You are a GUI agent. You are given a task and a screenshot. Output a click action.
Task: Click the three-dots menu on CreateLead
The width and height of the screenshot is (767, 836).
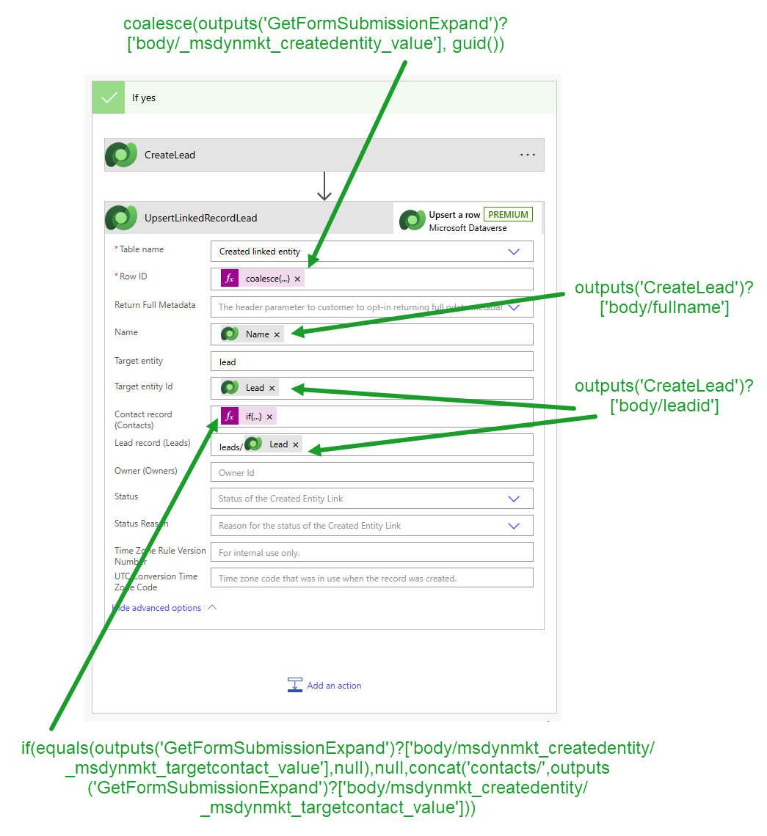[527, 155]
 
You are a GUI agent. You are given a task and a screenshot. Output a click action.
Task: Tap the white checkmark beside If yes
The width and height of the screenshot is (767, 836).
[109, 98]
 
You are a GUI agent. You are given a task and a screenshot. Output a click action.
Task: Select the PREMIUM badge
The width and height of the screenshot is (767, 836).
[508, 215]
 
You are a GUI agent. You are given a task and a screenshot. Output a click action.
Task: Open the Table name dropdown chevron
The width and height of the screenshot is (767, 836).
[514, 252]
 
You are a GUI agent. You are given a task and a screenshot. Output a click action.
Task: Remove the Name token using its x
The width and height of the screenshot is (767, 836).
[277, 334]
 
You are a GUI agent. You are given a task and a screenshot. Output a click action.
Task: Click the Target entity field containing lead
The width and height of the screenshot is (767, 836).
[371, 362]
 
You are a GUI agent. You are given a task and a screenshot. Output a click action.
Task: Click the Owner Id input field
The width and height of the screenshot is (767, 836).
[371, 472]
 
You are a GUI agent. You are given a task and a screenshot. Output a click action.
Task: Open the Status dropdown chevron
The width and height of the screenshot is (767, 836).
[514, 499]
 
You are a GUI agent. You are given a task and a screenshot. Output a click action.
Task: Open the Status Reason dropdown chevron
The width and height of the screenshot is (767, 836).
[514, 526]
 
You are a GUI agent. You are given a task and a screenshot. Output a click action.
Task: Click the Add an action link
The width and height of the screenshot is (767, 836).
[334, 686]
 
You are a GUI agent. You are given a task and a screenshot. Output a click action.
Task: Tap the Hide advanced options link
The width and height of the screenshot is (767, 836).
[157, 608]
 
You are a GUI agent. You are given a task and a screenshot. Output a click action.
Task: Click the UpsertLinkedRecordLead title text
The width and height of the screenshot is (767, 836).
[200, 218]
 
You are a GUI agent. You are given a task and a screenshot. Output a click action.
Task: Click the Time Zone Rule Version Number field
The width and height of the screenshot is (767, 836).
[371, 553]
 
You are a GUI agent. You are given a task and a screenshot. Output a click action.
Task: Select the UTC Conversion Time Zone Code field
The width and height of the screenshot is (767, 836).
[371, 579]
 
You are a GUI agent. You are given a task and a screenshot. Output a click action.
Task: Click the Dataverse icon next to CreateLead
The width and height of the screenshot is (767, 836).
[120, 155]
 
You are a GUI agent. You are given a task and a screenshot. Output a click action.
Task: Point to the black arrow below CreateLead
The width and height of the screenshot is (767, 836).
[324, 186]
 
